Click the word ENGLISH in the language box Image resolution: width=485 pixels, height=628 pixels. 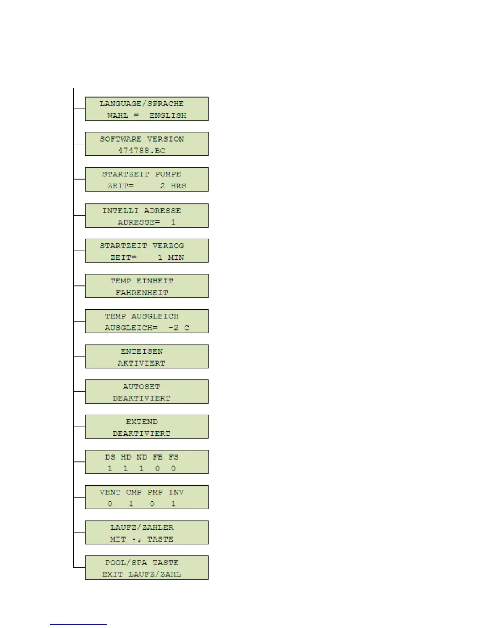[168, 115]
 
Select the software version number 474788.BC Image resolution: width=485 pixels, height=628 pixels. [141, 151]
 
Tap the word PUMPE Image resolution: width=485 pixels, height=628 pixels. [168, 174]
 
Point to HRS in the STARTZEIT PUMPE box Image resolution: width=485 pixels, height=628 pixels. [178, 186]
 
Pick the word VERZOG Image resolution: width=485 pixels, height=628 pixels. [168, 246]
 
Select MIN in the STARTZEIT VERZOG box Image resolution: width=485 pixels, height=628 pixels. [176, 258]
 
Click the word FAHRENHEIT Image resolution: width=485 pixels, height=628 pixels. [142, 293]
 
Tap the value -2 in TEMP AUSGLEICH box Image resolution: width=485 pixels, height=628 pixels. [174, 328]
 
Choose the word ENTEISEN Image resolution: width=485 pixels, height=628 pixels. [142, 351]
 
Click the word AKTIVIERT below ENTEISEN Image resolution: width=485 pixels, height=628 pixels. [141, 363]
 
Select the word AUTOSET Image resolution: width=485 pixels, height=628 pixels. [141, 387]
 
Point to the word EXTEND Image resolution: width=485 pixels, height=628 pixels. [142, 422]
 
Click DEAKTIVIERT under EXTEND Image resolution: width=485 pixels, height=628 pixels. [141, 434]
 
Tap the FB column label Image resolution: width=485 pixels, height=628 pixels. [158, 457]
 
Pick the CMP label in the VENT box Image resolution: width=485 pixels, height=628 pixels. [134, 492]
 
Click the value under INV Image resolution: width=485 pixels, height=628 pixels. [173, 504]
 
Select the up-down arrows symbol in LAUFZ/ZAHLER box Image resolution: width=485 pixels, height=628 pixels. [137, 540]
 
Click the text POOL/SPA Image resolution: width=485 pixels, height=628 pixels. [126, 563]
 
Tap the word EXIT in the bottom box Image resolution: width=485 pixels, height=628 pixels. [112, 574]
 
